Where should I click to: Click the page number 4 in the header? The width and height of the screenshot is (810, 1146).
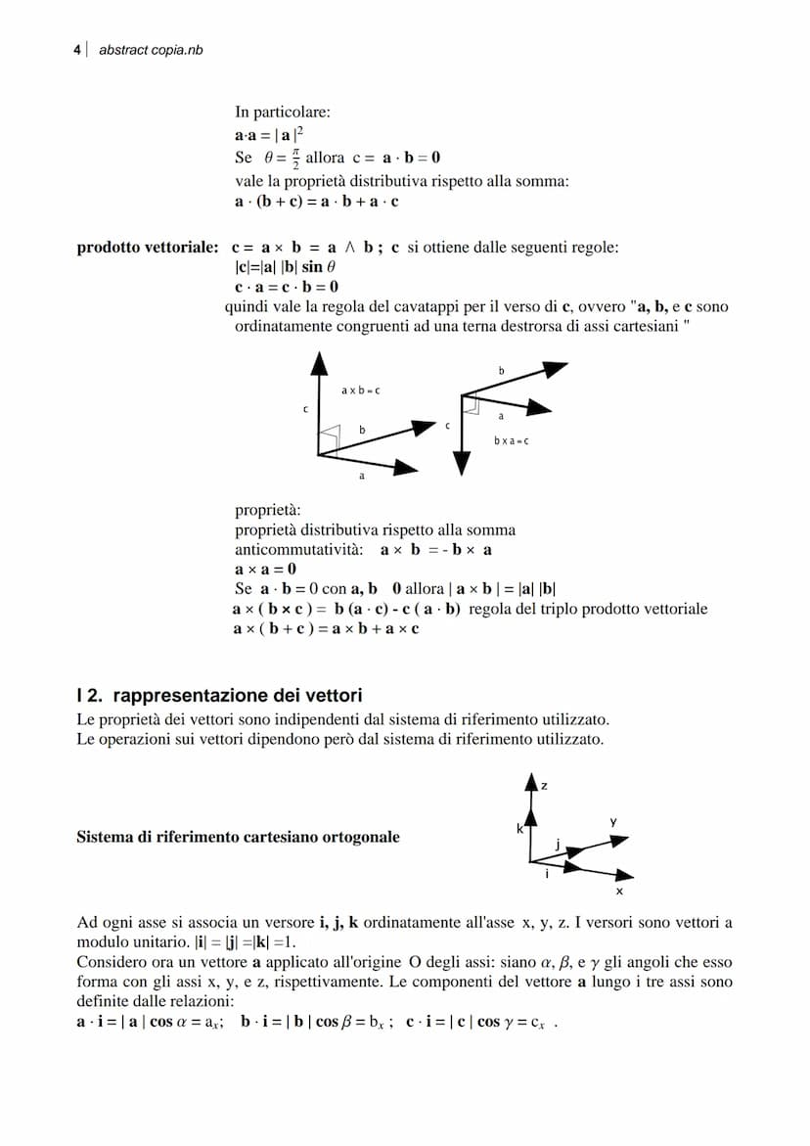click(x=77, y=49)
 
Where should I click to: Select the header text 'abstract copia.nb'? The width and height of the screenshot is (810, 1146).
click(x=151, y=49)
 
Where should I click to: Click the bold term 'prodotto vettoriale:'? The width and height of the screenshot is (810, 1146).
click(x=148, y=248)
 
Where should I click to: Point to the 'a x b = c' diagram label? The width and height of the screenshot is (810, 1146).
click(x=360, y=390)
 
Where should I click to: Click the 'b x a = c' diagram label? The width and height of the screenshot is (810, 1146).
click(x=511, y=441)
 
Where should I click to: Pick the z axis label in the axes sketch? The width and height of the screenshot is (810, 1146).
click(x=544, y=786)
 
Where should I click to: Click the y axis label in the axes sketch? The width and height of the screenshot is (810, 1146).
click(x=613, y=823)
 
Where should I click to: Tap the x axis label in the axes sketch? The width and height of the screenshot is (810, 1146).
click(x=618, y=892)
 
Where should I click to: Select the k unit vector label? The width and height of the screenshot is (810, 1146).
click(x=520, y=829)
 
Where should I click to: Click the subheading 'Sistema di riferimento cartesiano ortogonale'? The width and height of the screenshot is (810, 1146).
click(x=238, y=837)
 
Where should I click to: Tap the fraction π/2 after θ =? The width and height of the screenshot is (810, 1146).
click(x=295, y=159)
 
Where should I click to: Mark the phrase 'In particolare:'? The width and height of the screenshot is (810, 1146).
click(x=282, y=113)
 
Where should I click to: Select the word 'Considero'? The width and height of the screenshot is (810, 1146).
click(x=111, y=962)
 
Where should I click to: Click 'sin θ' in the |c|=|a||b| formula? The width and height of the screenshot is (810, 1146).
click(x=318, y=267)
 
